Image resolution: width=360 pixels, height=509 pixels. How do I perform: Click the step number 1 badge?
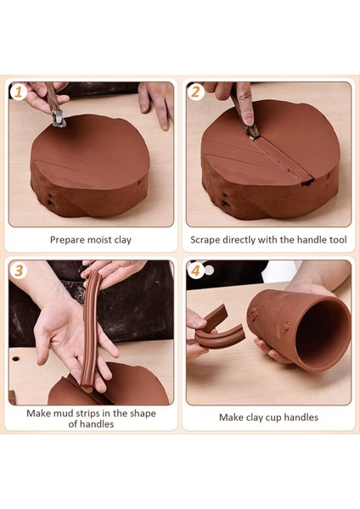tap(17, 91)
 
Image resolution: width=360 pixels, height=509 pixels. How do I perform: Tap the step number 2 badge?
tap(195, 91)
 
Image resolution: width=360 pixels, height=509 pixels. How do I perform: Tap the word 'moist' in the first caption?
tap(102, 240)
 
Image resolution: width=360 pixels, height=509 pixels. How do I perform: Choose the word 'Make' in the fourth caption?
tap(232, 417)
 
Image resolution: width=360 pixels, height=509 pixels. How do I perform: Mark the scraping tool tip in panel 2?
tap(252, 131)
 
